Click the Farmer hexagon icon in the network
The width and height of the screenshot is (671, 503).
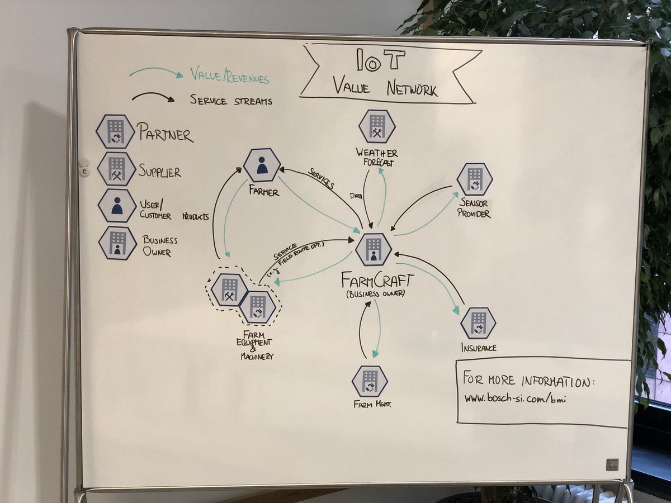(262, 165)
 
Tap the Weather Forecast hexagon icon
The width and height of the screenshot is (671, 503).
(377, 126)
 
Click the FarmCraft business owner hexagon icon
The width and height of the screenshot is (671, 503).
(373, 249)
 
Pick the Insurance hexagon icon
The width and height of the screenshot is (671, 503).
(478, 323)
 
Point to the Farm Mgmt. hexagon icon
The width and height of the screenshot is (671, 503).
(370, 381)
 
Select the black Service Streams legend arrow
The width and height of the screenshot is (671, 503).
(153, 98)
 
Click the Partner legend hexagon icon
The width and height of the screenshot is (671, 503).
(115, 132)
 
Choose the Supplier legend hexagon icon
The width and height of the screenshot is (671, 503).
(116, 169)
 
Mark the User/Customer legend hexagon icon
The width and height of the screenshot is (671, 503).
(117, 205)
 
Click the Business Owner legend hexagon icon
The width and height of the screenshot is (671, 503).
(117, 243)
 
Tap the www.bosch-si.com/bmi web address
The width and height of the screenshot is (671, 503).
(511, 399)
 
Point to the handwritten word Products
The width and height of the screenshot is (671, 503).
(195, 216)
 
